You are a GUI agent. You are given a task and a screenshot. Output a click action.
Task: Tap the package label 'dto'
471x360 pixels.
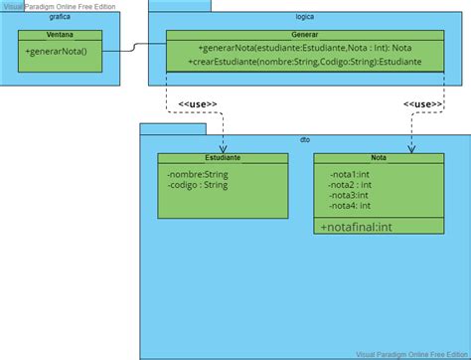point(304,140)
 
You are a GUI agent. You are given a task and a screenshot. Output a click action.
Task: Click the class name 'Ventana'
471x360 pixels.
point(59,35)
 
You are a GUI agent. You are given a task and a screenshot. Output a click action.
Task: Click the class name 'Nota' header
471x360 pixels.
point(379,157)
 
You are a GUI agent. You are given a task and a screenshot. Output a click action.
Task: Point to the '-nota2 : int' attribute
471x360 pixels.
point(351,183)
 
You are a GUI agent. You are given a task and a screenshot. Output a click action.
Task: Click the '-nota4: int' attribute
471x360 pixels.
point(351,206)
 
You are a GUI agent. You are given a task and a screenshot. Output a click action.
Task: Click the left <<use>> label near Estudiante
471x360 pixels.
point(199,104)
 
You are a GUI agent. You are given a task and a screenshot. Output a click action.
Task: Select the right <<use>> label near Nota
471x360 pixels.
point(423,104)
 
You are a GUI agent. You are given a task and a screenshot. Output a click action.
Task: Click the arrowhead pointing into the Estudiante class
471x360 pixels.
point(222,148)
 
